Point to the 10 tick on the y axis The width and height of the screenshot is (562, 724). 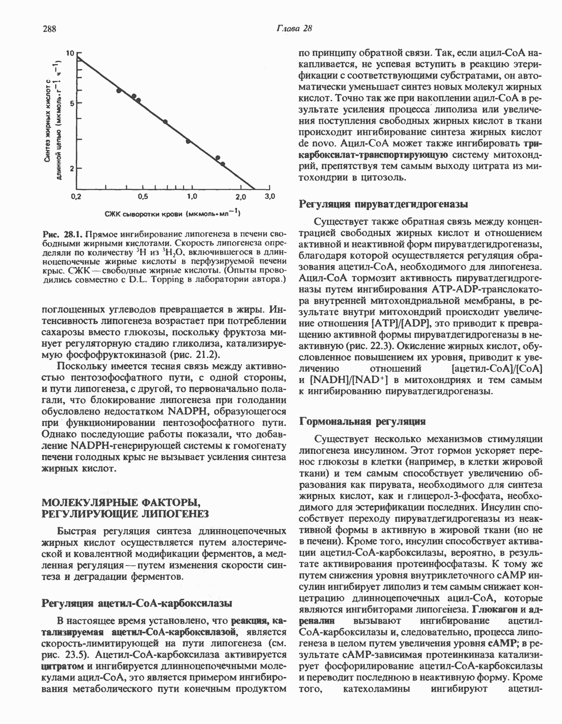click(x=70, y=54)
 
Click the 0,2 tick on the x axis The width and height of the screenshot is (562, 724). click(x=76, y=197)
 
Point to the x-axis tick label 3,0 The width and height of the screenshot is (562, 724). click(x=270, y=197)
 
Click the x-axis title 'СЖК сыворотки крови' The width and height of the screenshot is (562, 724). click(x=144, y=213)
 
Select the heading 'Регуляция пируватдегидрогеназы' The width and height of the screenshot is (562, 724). click(x=383, y=204)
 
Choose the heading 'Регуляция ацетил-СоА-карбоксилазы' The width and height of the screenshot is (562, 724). click(x=137, y=603)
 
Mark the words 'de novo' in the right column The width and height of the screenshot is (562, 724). click(x=316, y=144)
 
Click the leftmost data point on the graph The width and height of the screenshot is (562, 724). click(x=119, y=90)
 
